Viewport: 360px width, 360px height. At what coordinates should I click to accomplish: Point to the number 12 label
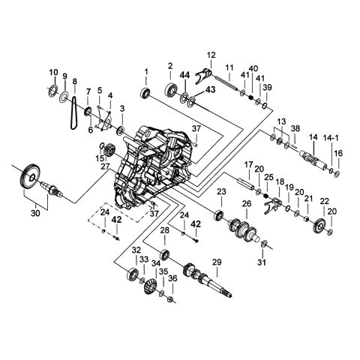point(211,55)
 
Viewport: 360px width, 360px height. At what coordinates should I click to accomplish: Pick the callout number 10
point(53,72)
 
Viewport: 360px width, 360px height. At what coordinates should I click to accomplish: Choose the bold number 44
point(184,74)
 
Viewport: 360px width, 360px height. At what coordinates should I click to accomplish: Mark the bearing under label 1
point(145,92)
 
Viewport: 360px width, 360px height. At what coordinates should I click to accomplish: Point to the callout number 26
point(246,204)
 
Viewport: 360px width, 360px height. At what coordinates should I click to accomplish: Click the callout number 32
point(136,250)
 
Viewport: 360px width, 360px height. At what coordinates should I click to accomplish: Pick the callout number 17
point(248,164)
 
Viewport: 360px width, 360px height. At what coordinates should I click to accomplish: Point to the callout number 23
point(221,193)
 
